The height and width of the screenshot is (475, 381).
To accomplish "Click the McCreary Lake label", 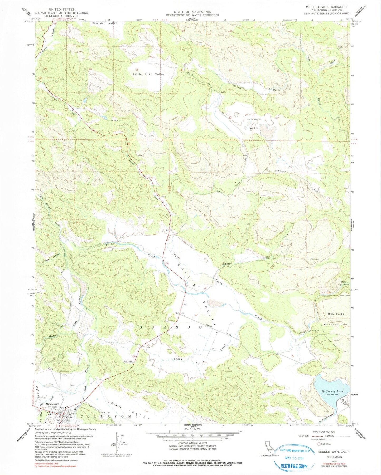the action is (332, 391).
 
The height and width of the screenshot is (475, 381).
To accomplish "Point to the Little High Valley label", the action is (149, 74).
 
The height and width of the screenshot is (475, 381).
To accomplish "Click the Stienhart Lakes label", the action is (255, 123).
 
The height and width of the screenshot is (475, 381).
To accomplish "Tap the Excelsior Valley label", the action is (104, 23).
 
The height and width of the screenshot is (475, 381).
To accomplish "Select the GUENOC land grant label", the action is (170, 327).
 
